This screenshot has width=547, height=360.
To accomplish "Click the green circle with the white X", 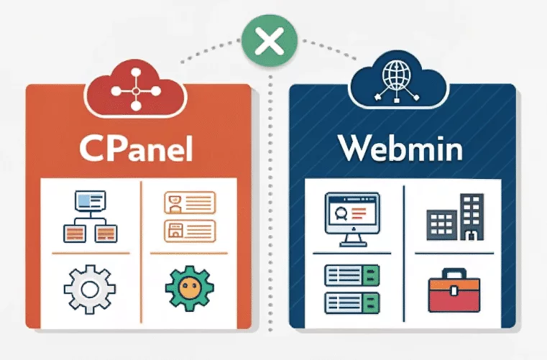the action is (x=270, y=40).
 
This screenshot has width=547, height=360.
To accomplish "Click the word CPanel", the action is (x=136, y=149).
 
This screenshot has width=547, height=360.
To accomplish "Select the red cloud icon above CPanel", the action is (x=136, y=89).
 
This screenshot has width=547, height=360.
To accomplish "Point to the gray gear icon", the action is (x=90, y=289).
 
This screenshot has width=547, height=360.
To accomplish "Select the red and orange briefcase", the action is (x=454, y=290).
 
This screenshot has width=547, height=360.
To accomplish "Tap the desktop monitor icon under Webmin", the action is (x=352, y=219).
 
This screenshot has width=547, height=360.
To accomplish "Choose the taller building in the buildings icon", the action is (x=472, y=217).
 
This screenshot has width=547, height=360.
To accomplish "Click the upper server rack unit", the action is (x=352, y=276).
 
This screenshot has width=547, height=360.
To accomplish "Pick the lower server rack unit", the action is (x=352, y=303).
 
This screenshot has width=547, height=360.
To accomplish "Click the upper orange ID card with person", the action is (x=190, y=203).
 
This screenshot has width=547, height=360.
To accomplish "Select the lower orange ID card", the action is (x=190, y=231).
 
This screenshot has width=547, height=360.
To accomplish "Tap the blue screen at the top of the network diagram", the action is (x=91, y=200).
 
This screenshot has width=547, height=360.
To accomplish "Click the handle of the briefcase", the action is (x=454, y=273).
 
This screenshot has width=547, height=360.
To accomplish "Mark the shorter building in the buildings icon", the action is (x=441, y=225).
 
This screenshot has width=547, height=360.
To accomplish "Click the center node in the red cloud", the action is (x=136, y=91).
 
